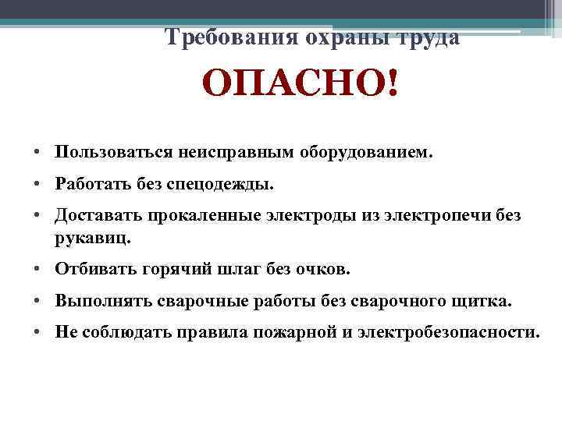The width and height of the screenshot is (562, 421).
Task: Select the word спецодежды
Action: [232, 184]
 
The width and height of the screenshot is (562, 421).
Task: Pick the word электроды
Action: [318, 214]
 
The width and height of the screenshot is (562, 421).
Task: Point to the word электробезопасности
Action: [447, 331]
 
